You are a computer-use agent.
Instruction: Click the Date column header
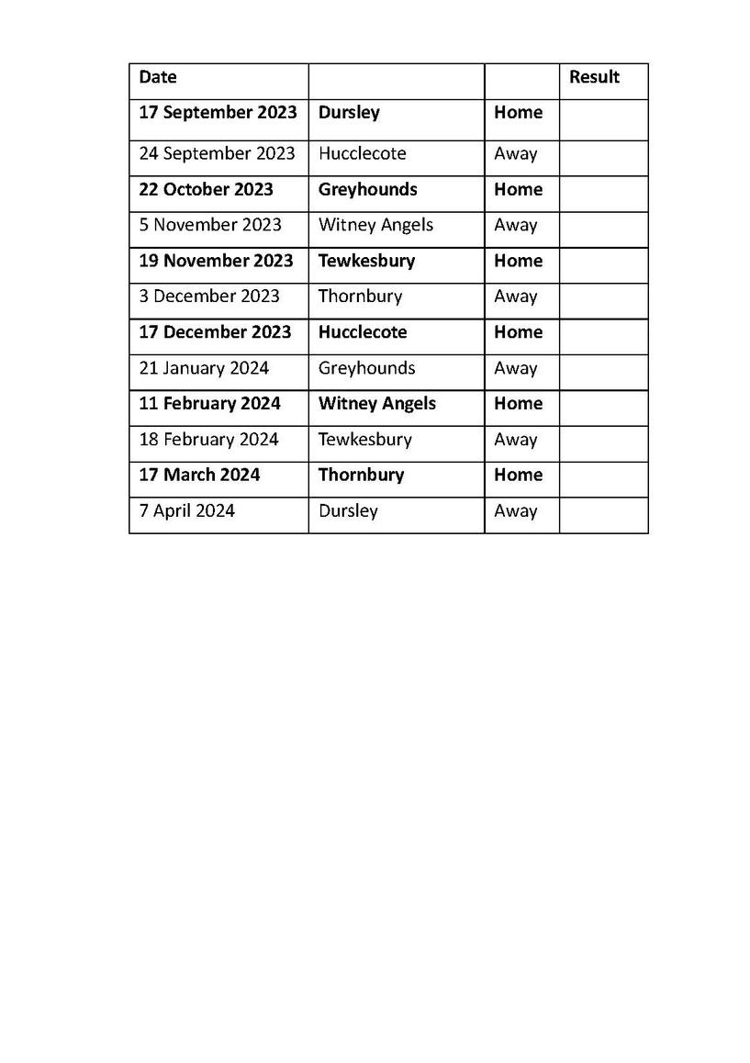tap(158, 78)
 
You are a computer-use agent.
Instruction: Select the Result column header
tap(594, 78)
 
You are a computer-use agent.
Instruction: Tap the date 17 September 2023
tap(218, 113)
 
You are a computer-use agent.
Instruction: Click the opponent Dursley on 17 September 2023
tap(349, 113)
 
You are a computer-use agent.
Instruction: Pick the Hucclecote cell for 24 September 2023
tap(362, 153)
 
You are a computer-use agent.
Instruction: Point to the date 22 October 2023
tap(206, 190)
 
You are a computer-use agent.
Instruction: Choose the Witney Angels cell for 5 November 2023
tap(375, 225)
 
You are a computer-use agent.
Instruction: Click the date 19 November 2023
tap(216, 261)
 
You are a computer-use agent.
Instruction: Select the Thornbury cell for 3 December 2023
tap(360, 297)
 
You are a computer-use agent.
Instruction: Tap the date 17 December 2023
tap(215, 332)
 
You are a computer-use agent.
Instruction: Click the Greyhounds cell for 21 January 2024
tap(366, 368)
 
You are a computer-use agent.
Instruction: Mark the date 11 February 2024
tap(209, 404)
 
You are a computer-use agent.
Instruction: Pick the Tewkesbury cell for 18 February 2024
tap(364, 440)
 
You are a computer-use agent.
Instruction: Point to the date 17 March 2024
tap(199, 476)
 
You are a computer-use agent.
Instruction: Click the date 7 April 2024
tap(186, 511)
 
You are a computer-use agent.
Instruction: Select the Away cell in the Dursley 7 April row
tap(515, 511)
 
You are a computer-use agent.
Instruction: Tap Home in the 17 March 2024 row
tap(518, 476)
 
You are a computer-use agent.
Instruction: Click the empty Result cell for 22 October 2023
tap(603, 190)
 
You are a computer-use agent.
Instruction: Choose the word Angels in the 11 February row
tap(409, 404)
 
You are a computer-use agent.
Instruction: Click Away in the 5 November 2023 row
tap(515, 225)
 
